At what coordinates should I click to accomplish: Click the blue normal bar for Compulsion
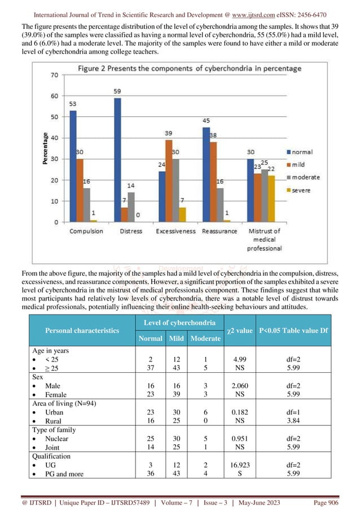[x=73, y=166]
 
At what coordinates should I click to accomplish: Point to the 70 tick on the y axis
[x=55, y=75]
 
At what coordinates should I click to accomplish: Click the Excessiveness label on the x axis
[x=175, y=232]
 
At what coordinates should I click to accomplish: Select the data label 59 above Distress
[x=117, y=91]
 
